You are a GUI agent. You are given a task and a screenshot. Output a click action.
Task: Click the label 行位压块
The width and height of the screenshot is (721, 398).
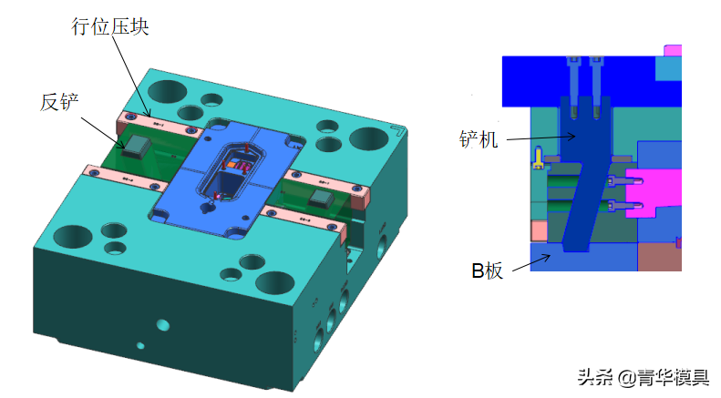(x=110, y=26)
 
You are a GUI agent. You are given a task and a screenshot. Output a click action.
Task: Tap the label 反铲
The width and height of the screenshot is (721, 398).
(x=59, y=102)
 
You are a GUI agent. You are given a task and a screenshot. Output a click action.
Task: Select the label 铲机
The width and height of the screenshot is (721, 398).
(x=479, y=138)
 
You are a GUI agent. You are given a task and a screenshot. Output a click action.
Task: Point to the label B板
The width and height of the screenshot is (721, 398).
(x=488, y=270)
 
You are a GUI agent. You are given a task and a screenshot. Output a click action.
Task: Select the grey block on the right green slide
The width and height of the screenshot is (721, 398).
(x=321, y=199)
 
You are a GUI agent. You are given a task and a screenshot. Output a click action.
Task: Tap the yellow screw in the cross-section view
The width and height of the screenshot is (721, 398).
(x=538, y=158)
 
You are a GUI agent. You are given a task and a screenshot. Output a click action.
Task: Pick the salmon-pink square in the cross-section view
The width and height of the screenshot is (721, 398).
(x=539, y=231)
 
